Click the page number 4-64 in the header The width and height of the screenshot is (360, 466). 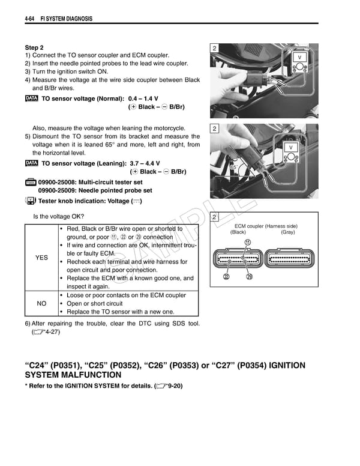32,19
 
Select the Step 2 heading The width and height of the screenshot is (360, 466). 34,47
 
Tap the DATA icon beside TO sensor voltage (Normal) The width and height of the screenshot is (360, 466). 32,98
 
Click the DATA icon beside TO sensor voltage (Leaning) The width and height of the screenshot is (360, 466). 32,163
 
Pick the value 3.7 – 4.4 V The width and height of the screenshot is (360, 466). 145,163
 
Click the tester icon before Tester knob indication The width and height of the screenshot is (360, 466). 31,201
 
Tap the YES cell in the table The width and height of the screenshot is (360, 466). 41,258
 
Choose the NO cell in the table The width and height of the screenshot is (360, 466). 41,303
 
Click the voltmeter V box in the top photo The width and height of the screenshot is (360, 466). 299,58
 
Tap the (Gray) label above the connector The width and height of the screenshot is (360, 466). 287,232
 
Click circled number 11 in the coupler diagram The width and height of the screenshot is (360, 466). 247,242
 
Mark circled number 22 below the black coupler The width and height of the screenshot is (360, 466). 226,277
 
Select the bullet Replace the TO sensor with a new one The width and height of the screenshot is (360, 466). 120,312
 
